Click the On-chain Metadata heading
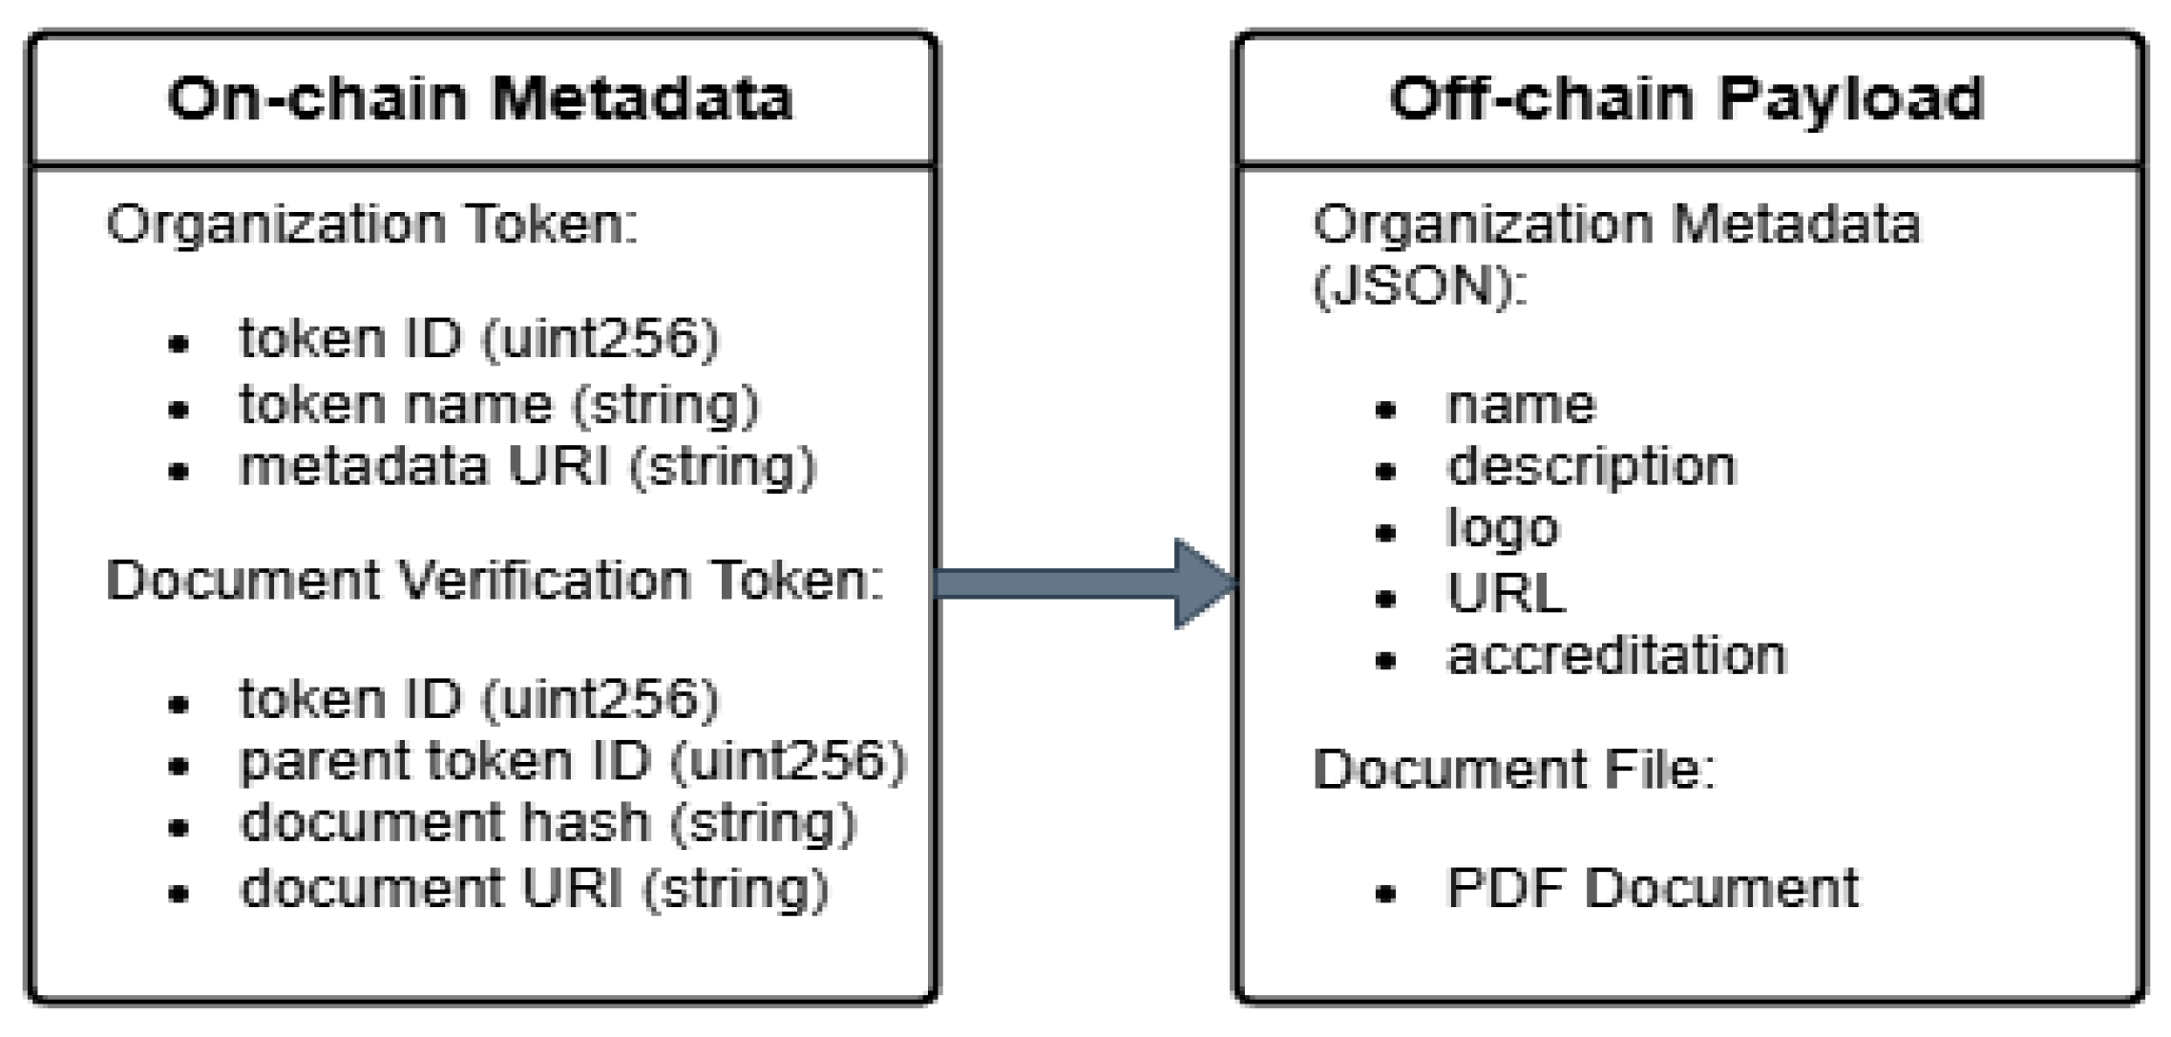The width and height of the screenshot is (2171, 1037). coord(480,98)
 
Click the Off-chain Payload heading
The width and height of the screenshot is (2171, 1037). coord(1686,98)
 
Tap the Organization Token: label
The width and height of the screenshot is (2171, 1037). coord(372,225)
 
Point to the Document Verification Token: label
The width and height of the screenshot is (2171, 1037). coord(495,581)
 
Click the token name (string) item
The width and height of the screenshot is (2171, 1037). coord(498,405)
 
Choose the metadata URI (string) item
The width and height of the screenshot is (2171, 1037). coord(528,467)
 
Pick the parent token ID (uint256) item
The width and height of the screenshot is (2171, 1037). coord(573,762)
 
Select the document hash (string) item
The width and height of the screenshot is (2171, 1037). coord(548,823)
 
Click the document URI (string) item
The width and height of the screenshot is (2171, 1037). coord(535,888)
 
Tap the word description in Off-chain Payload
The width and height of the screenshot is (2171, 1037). coord(1591,467)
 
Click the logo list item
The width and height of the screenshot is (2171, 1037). coord(1503,529)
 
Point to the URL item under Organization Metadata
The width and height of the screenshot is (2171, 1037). coord(1507,593)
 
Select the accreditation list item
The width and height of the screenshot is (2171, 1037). coord(1616,656)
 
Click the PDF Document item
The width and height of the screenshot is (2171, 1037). coord(1653,888)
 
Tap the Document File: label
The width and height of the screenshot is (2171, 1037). coord(1514,769)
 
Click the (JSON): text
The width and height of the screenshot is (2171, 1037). coord(1420,286)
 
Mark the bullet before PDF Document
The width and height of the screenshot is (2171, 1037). coord(1386,894)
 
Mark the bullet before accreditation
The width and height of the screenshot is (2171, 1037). coord(1386,660)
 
